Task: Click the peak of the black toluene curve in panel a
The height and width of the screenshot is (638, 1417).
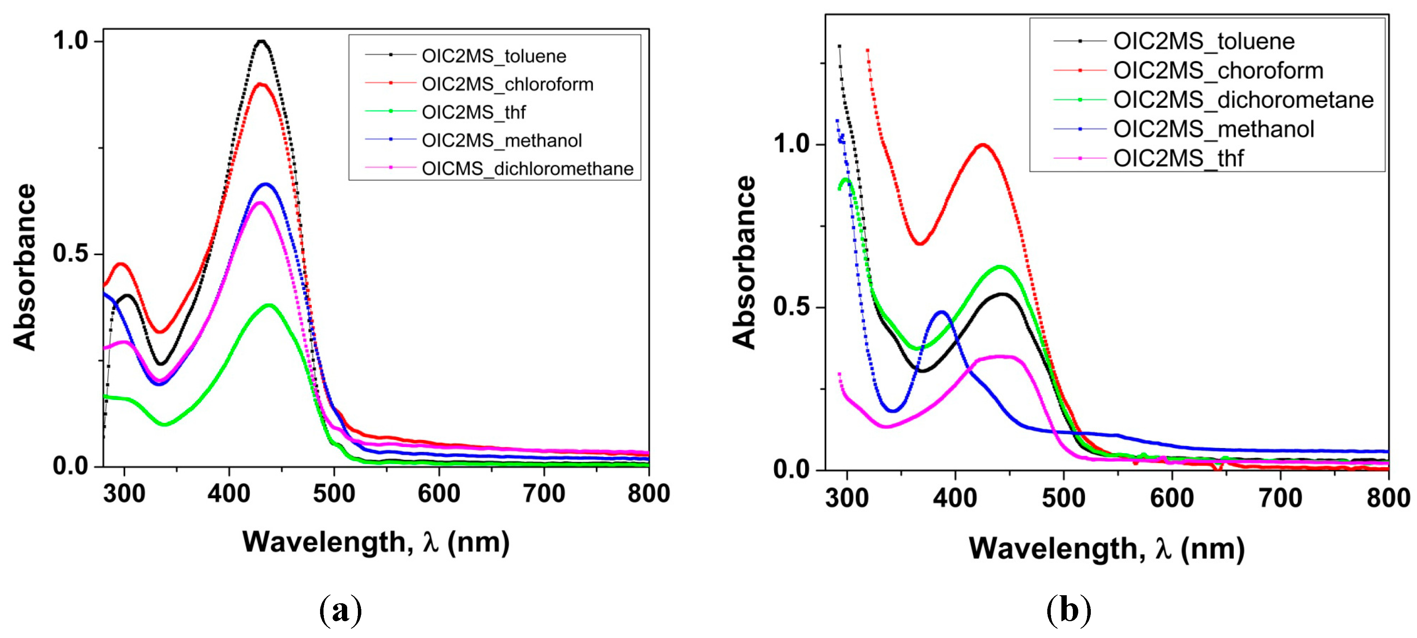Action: tap(262, 41)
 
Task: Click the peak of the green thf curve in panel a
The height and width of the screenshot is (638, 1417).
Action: tap(269, 305)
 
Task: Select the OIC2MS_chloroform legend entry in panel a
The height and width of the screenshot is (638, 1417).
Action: tap(507, 84)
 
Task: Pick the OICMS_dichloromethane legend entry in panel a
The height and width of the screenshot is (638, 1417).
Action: tap(527, 168)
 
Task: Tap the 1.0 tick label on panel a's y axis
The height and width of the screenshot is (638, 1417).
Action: tap(70, 41)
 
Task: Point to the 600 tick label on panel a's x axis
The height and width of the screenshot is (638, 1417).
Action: tap(438, 493)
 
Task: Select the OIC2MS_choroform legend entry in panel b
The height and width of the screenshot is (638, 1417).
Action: tap(1218, 70)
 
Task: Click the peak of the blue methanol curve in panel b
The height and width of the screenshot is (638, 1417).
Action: tap(942, 313)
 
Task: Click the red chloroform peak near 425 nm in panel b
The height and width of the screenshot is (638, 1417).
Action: tap(982, 145)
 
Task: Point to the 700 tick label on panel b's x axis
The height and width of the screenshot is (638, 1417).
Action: tap(1280, 498)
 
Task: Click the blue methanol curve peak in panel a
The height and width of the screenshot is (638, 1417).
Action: tap(266, 184)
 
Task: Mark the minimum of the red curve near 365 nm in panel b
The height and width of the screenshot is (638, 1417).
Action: tap(919, 243)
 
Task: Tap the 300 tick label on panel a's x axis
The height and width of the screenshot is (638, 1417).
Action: tap(124, 493)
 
